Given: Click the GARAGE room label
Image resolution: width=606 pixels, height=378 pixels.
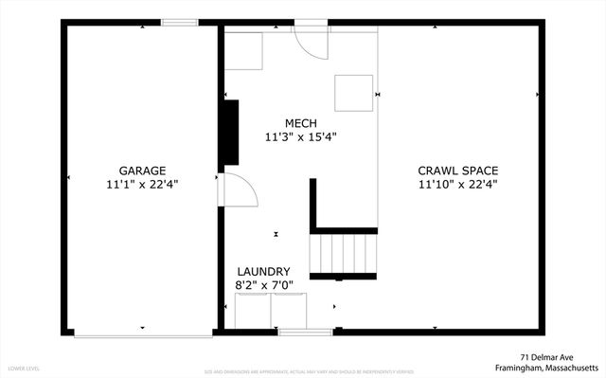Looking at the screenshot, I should pyautogui.click(x=142, y=171).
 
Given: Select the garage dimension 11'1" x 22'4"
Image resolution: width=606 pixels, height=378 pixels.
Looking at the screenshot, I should pyautogui.click(x=142, y=186).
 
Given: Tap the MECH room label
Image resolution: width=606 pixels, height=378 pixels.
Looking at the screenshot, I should pyautogui.click(x=301, y=123).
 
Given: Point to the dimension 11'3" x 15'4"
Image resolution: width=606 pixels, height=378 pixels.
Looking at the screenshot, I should pyautogui.click(x=301, y=137).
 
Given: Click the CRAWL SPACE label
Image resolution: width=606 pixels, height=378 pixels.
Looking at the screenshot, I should pyautogui.click(x=458, y=171).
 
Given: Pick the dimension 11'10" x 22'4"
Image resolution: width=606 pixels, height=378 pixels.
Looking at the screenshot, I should pyautogui.click(x=458, y=186).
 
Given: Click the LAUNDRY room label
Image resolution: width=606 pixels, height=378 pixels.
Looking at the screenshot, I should pyautogui.click(x=263, y=271).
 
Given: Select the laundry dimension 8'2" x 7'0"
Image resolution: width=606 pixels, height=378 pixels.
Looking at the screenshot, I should pyautogui.click(x=263, y=285).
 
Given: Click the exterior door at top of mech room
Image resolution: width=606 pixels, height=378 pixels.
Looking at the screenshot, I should pyautogui.click(x=310, y=38).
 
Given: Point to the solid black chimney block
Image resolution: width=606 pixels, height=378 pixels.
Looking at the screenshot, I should pyautogui.click(x=229, y=133).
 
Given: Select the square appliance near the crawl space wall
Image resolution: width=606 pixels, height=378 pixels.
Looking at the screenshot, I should pyautogui.click(x=353, y=93).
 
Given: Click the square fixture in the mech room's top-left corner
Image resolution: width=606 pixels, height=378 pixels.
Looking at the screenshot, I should pyautogui.click(x=243, y=52).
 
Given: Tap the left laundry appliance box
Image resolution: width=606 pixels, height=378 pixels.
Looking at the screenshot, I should pyautogui.click(x=252, y=311).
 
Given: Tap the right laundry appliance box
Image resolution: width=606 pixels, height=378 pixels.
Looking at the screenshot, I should pyautogui.click(x=289, y=311).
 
